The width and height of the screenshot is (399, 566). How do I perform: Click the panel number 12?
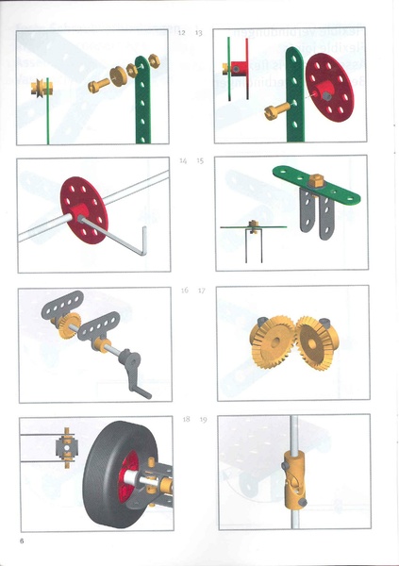pos(182,33)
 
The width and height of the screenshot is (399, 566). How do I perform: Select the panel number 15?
pos(200,161)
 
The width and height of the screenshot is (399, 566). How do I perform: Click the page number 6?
pos(20,541)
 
